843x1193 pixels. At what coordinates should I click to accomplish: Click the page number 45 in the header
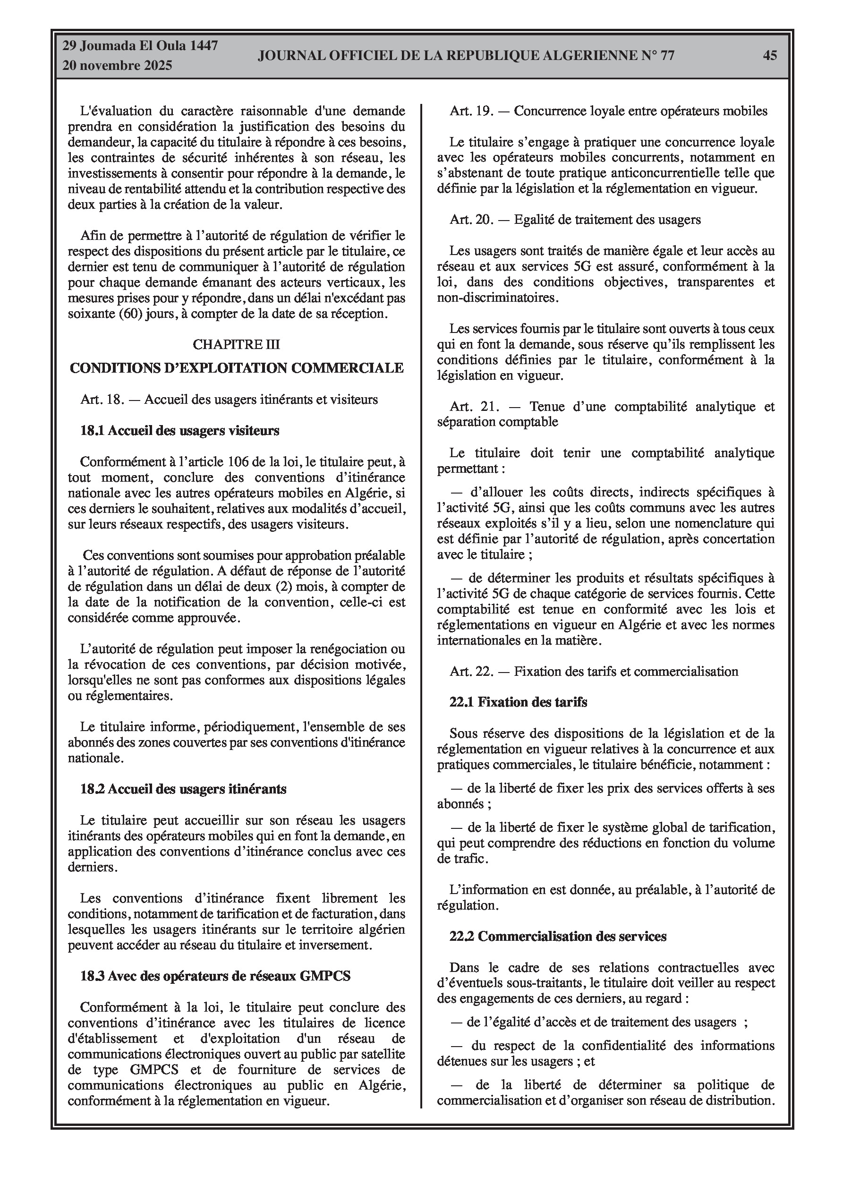(770, 55)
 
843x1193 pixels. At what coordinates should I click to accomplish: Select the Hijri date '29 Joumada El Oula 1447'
(140, 46)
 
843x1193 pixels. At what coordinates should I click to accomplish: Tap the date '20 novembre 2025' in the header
(117, 66)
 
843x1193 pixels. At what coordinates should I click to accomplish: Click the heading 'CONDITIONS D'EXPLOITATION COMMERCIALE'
(237, 368)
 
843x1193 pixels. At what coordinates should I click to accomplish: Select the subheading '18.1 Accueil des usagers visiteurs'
(180, 430)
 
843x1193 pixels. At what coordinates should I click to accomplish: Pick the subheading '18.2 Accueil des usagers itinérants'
(183, 789)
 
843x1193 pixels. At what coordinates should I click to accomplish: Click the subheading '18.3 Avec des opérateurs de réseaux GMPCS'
(215, 976)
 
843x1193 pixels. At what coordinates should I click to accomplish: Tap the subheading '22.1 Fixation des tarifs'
(518, 702)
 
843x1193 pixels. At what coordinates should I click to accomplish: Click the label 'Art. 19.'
(471, 111)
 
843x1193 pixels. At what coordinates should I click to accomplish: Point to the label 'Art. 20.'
(471, 220)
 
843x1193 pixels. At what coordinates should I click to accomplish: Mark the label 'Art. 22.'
(471, 671)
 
